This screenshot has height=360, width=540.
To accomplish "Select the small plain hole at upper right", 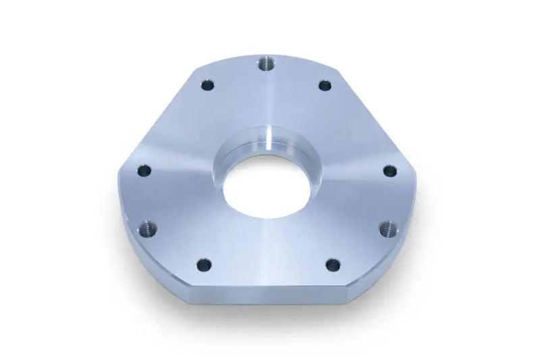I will pyautogui.click(x=325, y=86).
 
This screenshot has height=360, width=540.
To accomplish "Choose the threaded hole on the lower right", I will pyautogui.click(x=387, y=228).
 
